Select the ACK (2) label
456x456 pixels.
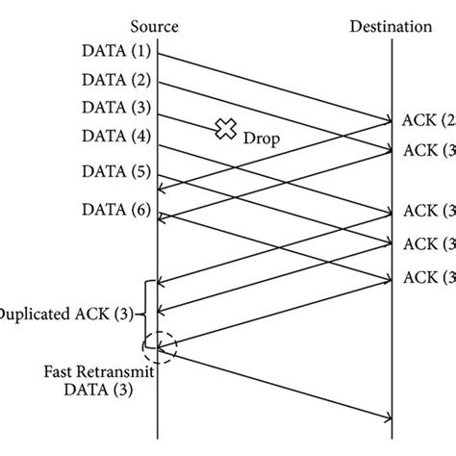[428, 121]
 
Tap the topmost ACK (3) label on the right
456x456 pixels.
[428, 149]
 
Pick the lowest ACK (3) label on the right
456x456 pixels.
[428, 277]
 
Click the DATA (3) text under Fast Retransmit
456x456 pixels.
[101, 390]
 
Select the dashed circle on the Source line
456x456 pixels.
[157, 345]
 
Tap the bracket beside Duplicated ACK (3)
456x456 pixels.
[145, 313]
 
